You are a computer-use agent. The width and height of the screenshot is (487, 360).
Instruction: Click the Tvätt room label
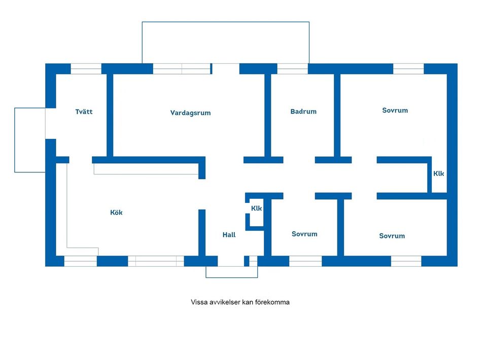pyautogui.click(x=84, y=112)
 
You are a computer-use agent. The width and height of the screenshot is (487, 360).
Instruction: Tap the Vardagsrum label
pyautogui.click(x=190, y=113)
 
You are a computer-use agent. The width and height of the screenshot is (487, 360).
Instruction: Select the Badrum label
pyautogui.click(x=303, y=112)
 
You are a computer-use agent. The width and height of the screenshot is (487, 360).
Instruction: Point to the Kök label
pyautogui.click(x=116, y=212)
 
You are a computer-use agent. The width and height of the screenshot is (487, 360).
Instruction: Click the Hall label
pyautogui.click(x=229, y=235)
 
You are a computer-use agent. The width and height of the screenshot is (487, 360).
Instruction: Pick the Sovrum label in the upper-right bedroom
pyautogui.click(x=395, y=111)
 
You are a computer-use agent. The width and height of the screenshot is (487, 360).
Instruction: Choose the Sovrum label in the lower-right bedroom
pyautogui.click(x=392, y=236)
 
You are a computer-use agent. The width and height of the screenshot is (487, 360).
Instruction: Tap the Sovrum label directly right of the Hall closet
pyautogui.click(x=304, y=234)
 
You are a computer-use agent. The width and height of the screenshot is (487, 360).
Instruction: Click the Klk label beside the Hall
pyautogui.click(x=256, y=208)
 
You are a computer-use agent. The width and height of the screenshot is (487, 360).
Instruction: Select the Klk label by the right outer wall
pyautogui.click(x=438, y=174)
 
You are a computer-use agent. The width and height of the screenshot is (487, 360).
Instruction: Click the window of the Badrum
pyautogui.click(x=292, y=69)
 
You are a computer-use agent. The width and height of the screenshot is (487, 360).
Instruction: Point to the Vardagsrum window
pyautogui.click(x=182, y=69)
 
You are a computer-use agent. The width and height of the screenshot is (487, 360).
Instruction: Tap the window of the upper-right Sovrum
pyautogui.click(x=408, y=69)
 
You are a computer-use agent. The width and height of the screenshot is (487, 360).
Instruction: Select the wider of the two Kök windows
pyautogui.click(x=156, y=261)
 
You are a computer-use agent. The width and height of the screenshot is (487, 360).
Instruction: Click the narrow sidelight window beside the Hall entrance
pyautogui.click(x=253, y=261)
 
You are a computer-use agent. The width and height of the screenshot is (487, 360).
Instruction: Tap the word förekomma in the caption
pyautogui.click(x=272, y=302)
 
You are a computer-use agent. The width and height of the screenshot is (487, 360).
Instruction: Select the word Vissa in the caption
pyautogui.click(x=199, y=302)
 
